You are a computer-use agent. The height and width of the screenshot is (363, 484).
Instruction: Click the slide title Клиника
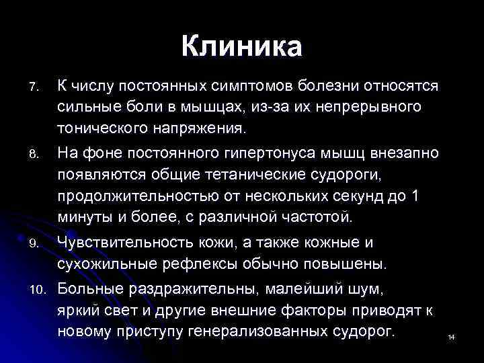point(242,47)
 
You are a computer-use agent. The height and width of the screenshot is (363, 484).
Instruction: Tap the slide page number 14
point(451,337)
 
